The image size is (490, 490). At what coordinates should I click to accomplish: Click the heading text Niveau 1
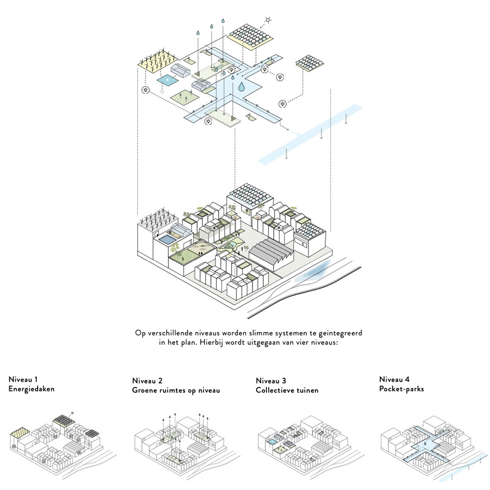23,380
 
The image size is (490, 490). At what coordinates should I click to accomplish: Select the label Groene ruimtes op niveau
176,390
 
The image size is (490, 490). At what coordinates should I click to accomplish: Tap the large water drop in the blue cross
241,86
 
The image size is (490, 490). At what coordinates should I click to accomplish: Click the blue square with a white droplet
168,80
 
